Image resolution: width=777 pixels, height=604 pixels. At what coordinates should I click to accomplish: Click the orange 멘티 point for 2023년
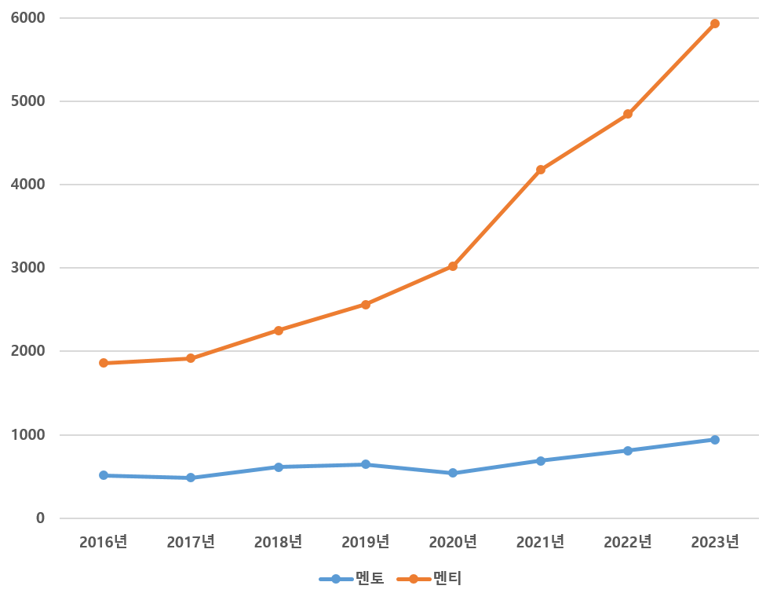(715, 24)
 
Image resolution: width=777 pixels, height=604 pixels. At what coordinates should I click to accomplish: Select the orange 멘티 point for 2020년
(453, 266)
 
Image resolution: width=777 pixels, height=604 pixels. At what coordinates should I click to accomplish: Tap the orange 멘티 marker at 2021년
(541, 170)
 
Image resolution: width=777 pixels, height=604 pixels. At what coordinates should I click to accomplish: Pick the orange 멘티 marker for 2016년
(104, 363)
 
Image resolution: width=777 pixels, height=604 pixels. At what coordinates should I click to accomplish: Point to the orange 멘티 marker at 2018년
(279, 330)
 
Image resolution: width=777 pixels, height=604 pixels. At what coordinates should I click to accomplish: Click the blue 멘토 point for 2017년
(191, 478)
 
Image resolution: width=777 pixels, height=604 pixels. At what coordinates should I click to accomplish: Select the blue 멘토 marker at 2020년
(453, 473)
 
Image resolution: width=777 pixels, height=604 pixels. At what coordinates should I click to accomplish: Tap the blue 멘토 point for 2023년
(715, 440)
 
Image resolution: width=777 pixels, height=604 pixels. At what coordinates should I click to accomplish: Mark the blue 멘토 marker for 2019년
(366, 464)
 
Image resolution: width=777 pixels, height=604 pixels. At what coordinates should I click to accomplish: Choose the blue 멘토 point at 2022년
(628, 451)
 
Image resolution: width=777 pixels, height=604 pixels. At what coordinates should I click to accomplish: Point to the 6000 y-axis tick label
(28, 17)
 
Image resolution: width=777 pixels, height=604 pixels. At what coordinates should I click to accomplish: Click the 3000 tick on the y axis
(28, 268)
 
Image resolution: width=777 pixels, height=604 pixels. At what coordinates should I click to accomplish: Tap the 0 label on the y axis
(39, 518)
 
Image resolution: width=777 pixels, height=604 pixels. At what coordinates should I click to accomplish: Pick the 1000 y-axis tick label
(28, 435)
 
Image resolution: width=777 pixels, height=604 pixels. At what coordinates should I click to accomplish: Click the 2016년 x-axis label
(104, 542)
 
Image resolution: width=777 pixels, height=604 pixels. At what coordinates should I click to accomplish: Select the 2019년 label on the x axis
(366, 542)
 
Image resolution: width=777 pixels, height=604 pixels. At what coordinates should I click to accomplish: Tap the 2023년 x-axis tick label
(715, 542)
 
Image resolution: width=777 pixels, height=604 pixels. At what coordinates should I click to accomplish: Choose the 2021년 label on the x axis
(541, 542)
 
